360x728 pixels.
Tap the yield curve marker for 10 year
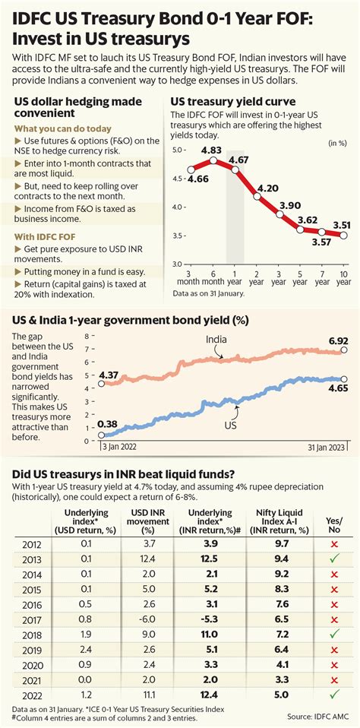344,236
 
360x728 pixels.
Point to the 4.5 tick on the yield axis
177,179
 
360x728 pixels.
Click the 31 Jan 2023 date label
327,447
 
